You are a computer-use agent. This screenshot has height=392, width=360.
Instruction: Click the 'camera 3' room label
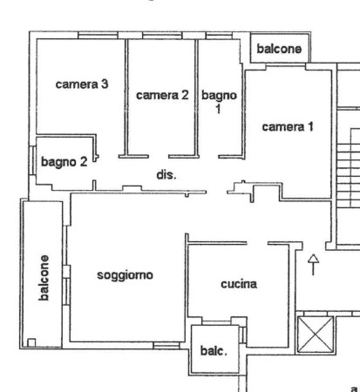pos(82,84)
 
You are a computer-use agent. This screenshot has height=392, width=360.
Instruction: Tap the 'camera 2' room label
pos(162,95)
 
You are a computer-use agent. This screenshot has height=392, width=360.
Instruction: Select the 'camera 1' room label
pos(288,127)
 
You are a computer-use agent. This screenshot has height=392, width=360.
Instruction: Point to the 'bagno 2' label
pos(64,162)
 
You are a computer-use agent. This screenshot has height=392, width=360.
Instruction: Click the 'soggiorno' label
pos(125,275)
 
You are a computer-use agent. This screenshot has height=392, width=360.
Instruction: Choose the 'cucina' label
pos(239,284)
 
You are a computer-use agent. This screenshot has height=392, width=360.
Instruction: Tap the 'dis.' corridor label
pos(166,175)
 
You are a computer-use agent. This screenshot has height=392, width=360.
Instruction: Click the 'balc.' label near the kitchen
pos(214,351)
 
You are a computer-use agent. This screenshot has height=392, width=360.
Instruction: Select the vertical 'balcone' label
pos(44,278)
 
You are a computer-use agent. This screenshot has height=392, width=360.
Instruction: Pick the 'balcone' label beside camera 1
pos(279,49)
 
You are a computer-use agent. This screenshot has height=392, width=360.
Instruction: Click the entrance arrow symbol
pos(313,265)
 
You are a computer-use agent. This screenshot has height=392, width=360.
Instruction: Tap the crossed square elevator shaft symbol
pos(316,335)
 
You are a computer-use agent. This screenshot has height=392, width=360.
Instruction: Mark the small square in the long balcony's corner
pos(31,342)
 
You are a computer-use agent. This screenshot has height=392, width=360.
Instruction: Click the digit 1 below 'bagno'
pos(218,109)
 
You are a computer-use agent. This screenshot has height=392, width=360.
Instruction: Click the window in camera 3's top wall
pos(98,36)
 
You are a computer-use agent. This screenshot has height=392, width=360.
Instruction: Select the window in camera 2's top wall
pos(162,36)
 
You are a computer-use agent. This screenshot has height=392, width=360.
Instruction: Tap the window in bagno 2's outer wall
pos(33,160)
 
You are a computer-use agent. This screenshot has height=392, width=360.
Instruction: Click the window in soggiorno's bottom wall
pos(166,345)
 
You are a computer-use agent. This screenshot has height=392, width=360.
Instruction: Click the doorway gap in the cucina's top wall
pos(257,243)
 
